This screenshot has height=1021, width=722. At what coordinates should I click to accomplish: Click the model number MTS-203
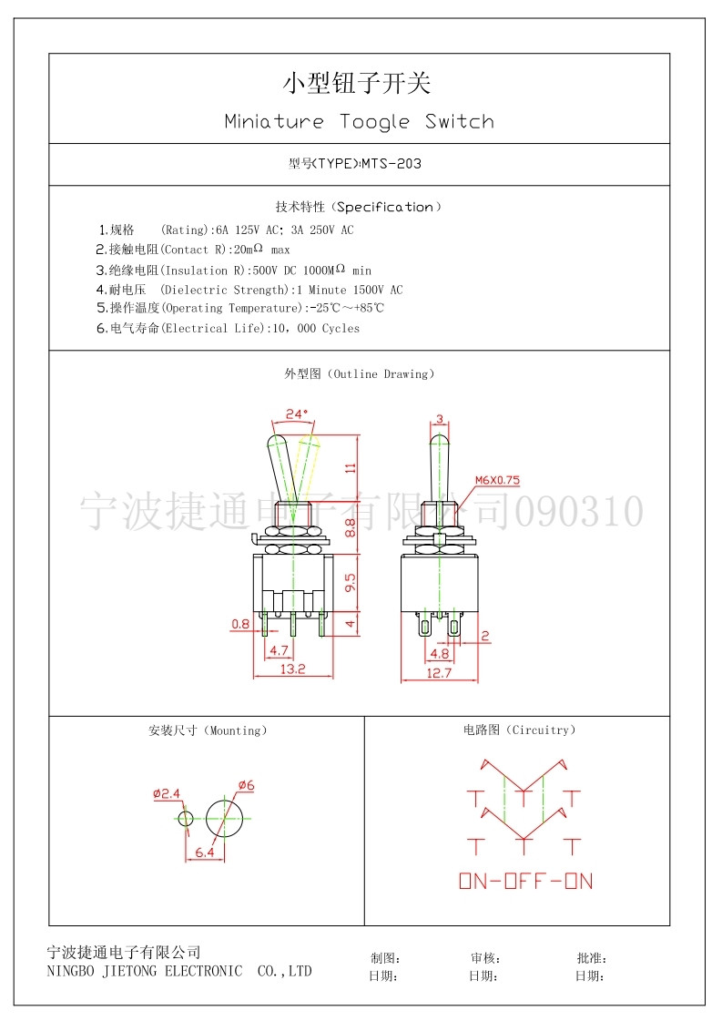(x=392, y=163)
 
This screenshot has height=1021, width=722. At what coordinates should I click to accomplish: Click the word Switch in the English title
(x=459, y=121)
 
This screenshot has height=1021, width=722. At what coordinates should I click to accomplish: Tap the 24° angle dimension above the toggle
(x=296, y=414)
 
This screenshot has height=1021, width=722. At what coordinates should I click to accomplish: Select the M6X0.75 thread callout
(x=497, y=480)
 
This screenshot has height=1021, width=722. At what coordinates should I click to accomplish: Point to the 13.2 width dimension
(x=293, y=669)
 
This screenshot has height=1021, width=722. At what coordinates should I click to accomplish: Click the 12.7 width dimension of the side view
(x=439, y=673)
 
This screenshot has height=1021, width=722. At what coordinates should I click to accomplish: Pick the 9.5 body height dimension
(x=351, y=583)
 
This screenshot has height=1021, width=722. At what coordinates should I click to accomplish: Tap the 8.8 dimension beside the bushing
(x=351, y=527)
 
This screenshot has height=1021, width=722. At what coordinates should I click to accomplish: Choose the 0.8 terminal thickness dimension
(x=240, y=624)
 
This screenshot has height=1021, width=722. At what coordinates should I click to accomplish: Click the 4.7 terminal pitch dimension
(x=279, y=649)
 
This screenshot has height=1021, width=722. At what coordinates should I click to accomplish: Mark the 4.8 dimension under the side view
(x=440, y=654)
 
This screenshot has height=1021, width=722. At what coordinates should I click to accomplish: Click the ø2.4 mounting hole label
(x=167, y=793)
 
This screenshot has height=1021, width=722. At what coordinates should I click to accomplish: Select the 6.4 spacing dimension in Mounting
(x=205, y=853)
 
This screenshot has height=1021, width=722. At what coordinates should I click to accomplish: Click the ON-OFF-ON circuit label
(x=526, y=882)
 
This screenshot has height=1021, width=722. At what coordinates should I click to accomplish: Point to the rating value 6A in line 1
(x=223, y=230)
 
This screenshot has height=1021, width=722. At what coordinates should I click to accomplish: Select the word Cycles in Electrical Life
(x=341, y=328)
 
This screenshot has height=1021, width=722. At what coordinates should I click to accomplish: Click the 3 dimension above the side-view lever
(x=440, y=419)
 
